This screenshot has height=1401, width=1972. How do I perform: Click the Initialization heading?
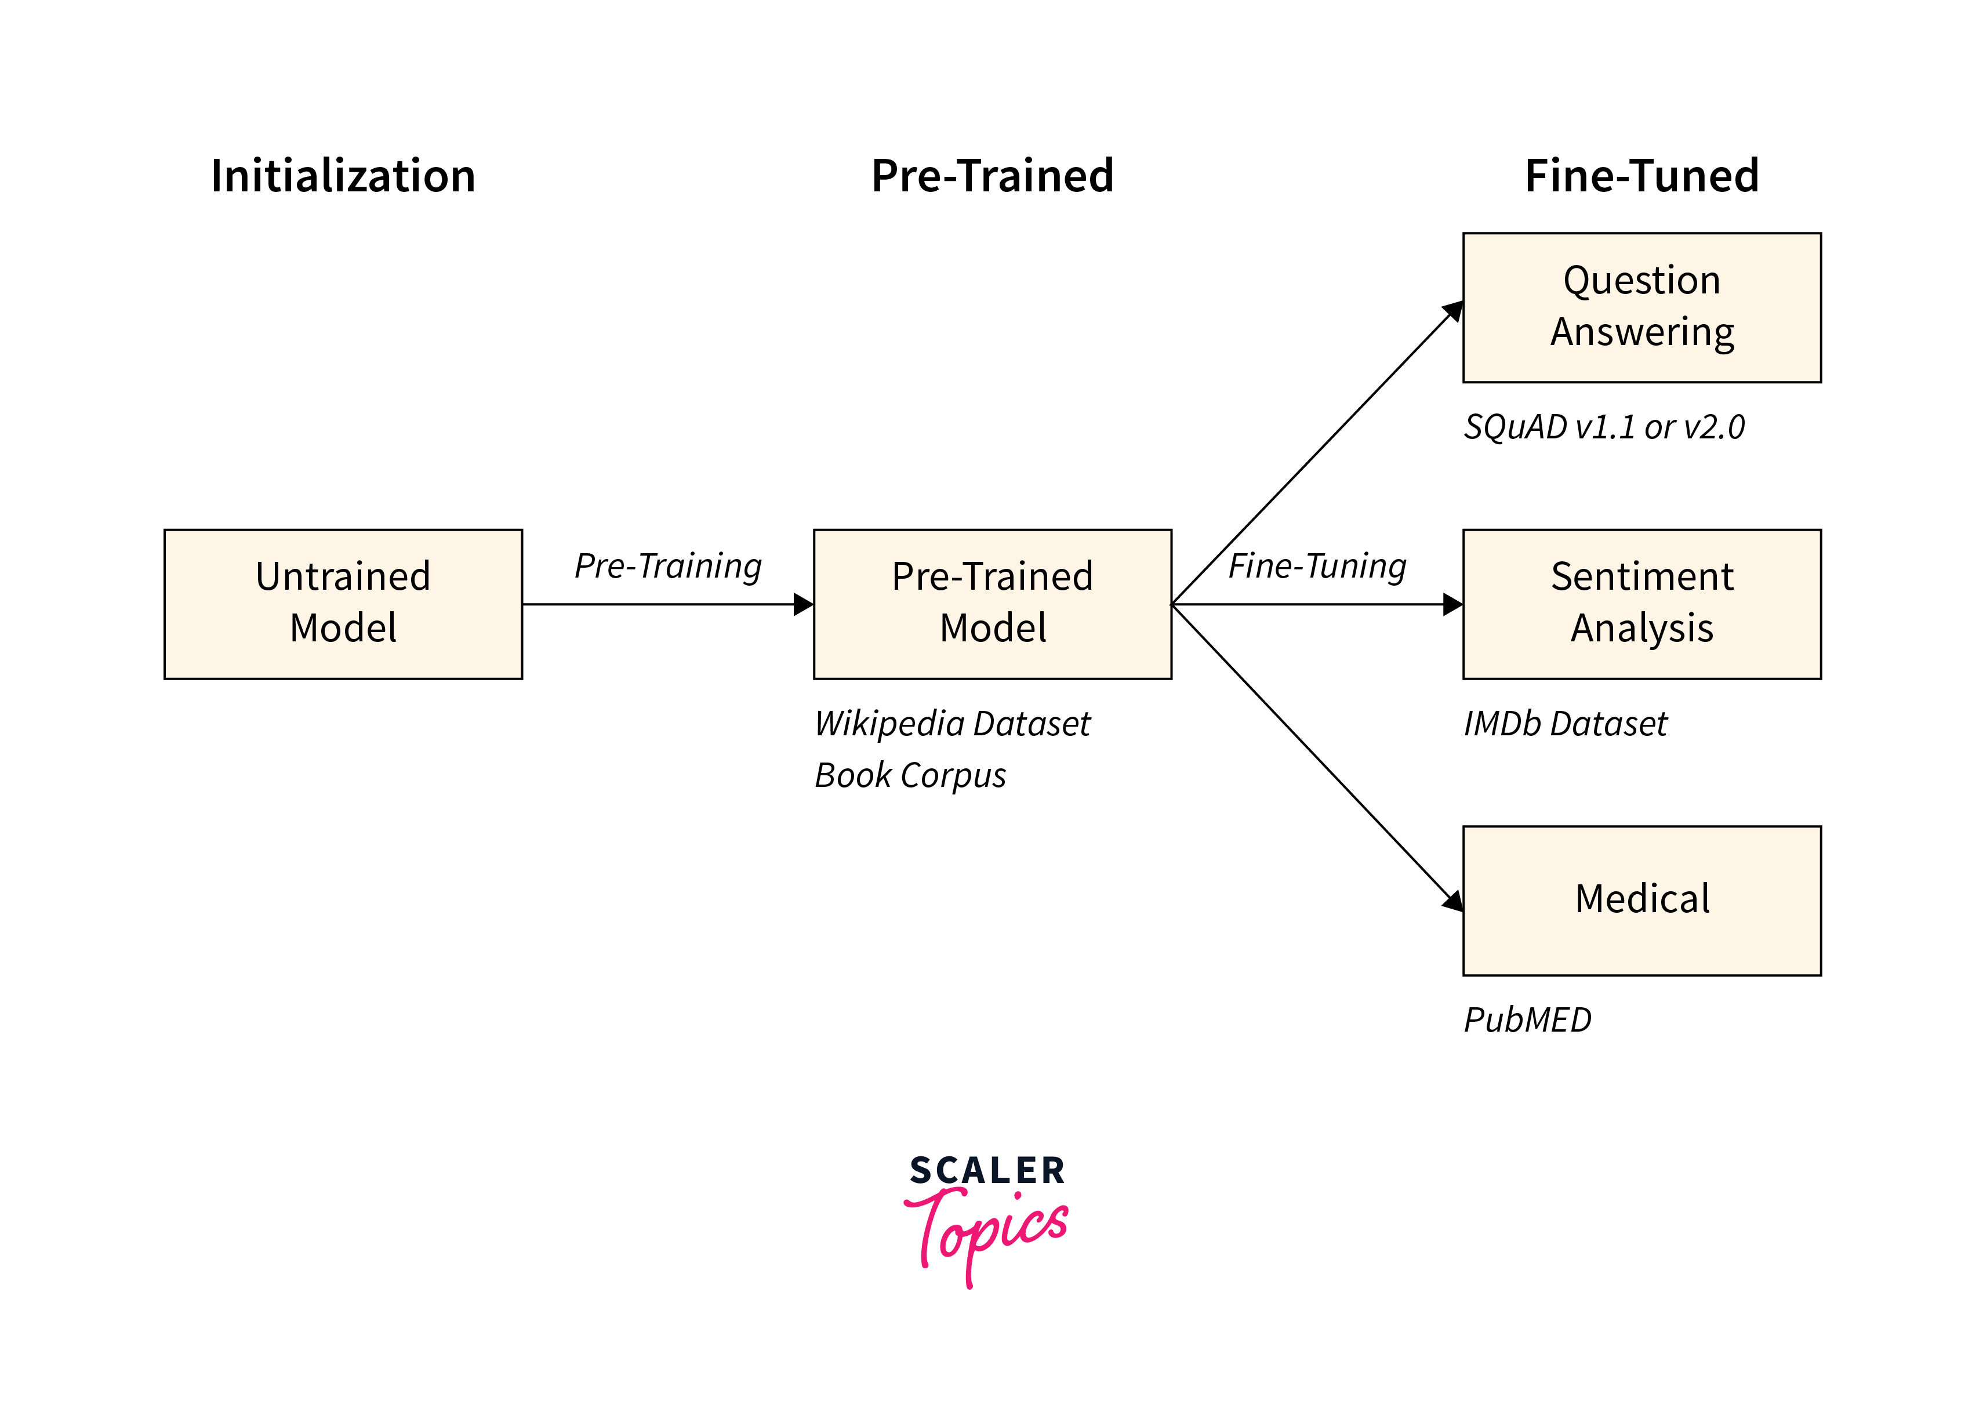(343, 176)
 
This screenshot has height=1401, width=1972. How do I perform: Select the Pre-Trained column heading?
(992, 176)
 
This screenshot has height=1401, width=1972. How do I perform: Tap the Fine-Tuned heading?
(1641, 176)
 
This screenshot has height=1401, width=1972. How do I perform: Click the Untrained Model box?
(343, 604)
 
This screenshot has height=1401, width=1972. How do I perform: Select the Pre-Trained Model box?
(992, 604)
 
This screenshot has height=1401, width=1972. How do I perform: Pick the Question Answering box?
(1641, 307)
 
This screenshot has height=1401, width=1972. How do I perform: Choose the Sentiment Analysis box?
(1641, 604)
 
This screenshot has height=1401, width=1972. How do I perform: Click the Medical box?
(1641, 900)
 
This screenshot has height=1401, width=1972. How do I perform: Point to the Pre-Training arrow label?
(668, 567)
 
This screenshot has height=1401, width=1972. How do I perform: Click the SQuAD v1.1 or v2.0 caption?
(1604, 427)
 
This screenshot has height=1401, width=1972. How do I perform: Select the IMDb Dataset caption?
(1565, 724)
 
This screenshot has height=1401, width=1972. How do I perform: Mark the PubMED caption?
(1527, 1019)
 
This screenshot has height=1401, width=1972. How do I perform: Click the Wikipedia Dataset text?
(952, 724)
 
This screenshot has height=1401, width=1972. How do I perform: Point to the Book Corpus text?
(910, 775)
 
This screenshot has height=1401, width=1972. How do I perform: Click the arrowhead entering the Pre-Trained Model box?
(803, 604)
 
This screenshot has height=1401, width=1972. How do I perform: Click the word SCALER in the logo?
(987, 1171)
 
